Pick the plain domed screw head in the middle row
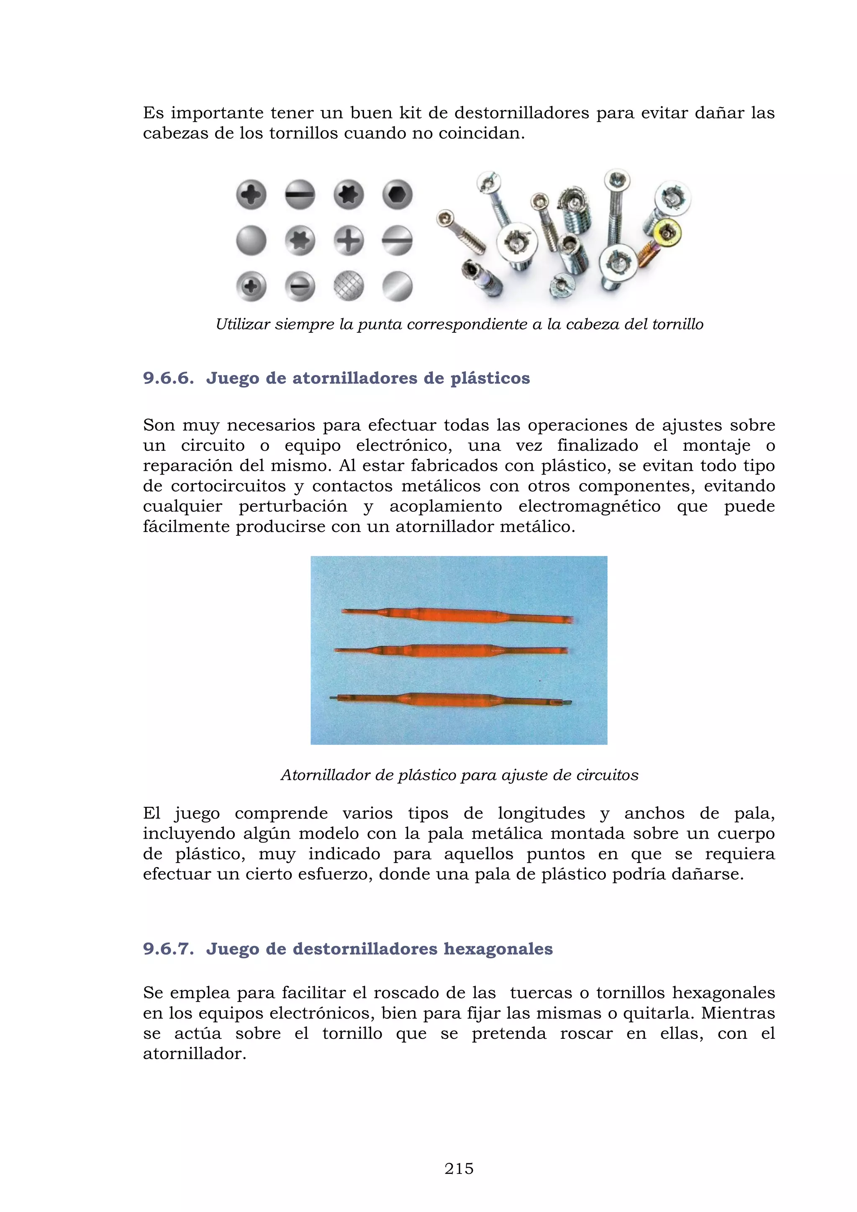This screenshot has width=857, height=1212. (x=251, y=241)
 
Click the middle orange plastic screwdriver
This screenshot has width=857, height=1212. (x=451, y=651)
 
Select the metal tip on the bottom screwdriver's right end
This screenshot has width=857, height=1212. (x=567, y=703)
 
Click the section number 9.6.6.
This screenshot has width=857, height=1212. (x=168, y=378)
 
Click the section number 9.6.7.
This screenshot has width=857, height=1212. (x=168, y=949)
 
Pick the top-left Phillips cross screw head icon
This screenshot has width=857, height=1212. (x=251, y=195)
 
